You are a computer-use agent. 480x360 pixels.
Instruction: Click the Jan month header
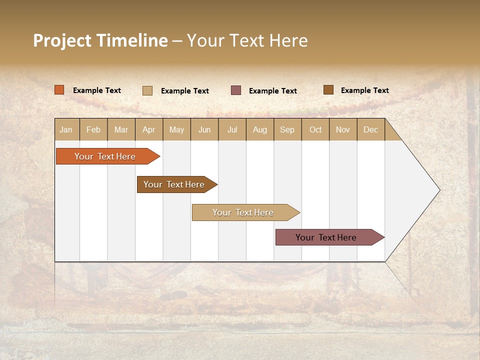pos(66,129)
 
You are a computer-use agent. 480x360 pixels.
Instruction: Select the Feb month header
pos(93,129)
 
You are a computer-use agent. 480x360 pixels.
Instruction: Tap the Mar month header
pos(121,129)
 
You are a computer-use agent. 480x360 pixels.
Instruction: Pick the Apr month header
pos(149,129)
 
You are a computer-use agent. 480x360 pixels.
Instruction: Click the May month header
pos(176,129)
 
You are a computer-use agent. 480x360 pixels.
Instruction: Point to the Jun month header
pos(204,129)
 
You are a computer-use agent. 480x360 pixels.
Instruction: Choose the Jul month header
pos(232,129)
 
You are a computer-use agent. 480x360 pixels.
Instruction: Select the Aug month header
pos(260,129)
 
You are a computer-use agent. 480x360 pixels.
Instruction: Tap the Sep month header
pos(287,129)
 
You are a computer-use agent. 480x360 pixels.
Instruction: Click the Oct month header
pos(315,129)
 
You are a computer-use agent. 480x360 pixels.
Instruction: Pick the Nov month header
pos(343,129)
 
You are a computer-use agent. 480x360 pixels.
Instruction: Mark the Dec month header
pos(370,129)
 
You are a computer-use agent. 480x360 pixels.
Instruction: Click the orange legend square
pos(59,90)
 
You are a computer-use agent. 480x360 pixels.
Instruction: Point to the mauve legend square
pos(236,90)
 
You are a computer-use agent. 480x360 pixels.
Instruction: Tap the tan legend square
pos(147,90)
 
